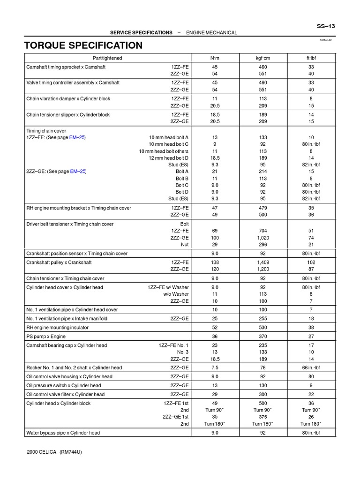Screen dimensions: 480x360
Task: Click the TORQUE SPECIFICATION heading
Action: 83,45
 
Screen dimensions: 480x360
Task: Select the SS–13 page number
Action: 326,26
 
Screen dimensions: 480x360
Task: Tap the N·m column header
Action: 215,58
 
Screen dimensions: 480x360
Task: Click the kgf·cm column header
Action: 262,58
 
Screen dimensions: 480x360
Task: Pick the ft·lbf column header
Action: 311,58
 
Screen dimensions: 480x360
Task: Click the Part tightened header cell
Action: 107,58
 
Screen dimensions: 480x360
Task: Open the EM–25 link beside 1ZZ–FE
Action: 78,137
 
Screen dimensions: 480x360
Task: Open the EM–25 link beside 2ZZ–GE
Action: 78,172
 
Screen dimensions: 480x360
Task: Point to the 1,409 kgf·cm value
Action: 262,262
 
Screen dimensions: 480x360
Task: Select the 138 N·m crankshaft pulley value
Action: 215,262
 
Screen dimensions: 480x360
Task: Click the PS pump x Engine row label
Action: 46,337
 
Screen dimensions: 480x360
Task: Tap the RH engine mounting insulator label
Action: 59,328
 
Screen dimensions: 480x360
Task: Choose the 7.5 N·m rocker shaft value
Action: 215,368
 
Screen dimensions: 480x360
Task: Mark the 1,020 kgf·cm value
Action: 262,238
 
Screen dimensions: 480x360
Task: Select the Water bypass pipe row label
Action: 62,433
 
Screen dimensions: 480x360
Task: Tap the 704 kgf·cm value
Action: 262,231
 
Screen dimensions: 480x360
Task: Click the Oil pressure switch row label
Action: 63,386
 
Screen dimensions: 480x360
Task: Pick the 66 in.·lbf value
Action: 311,368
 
